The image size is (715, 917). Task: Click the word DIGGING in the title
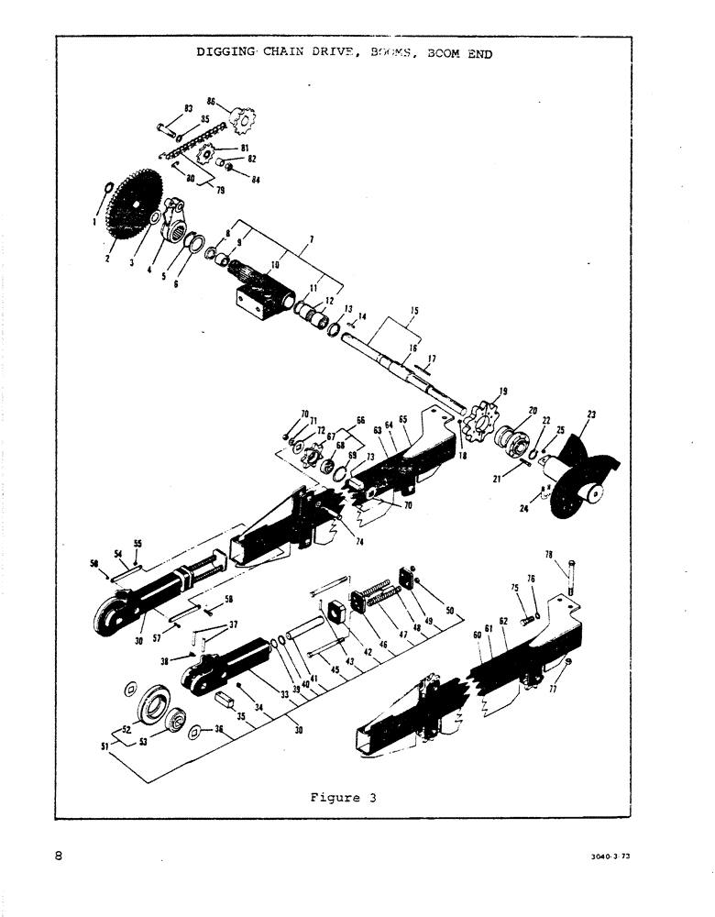coord(224,52)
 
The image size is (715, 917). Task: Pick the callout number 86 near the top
coord(211,101)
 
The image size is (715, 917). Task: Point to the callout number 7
coord(312,240)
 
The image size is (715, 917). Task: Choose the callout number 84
coord(256,180)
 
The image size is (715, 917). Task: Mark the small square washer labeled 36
coord(195,733)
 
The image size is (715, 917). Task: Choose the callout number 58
coord(229,598)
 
